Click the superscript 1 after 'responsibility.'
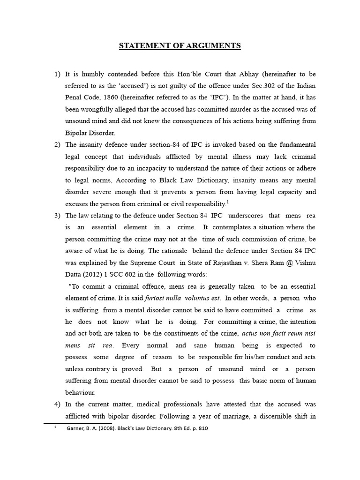[x=228, y=201]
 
